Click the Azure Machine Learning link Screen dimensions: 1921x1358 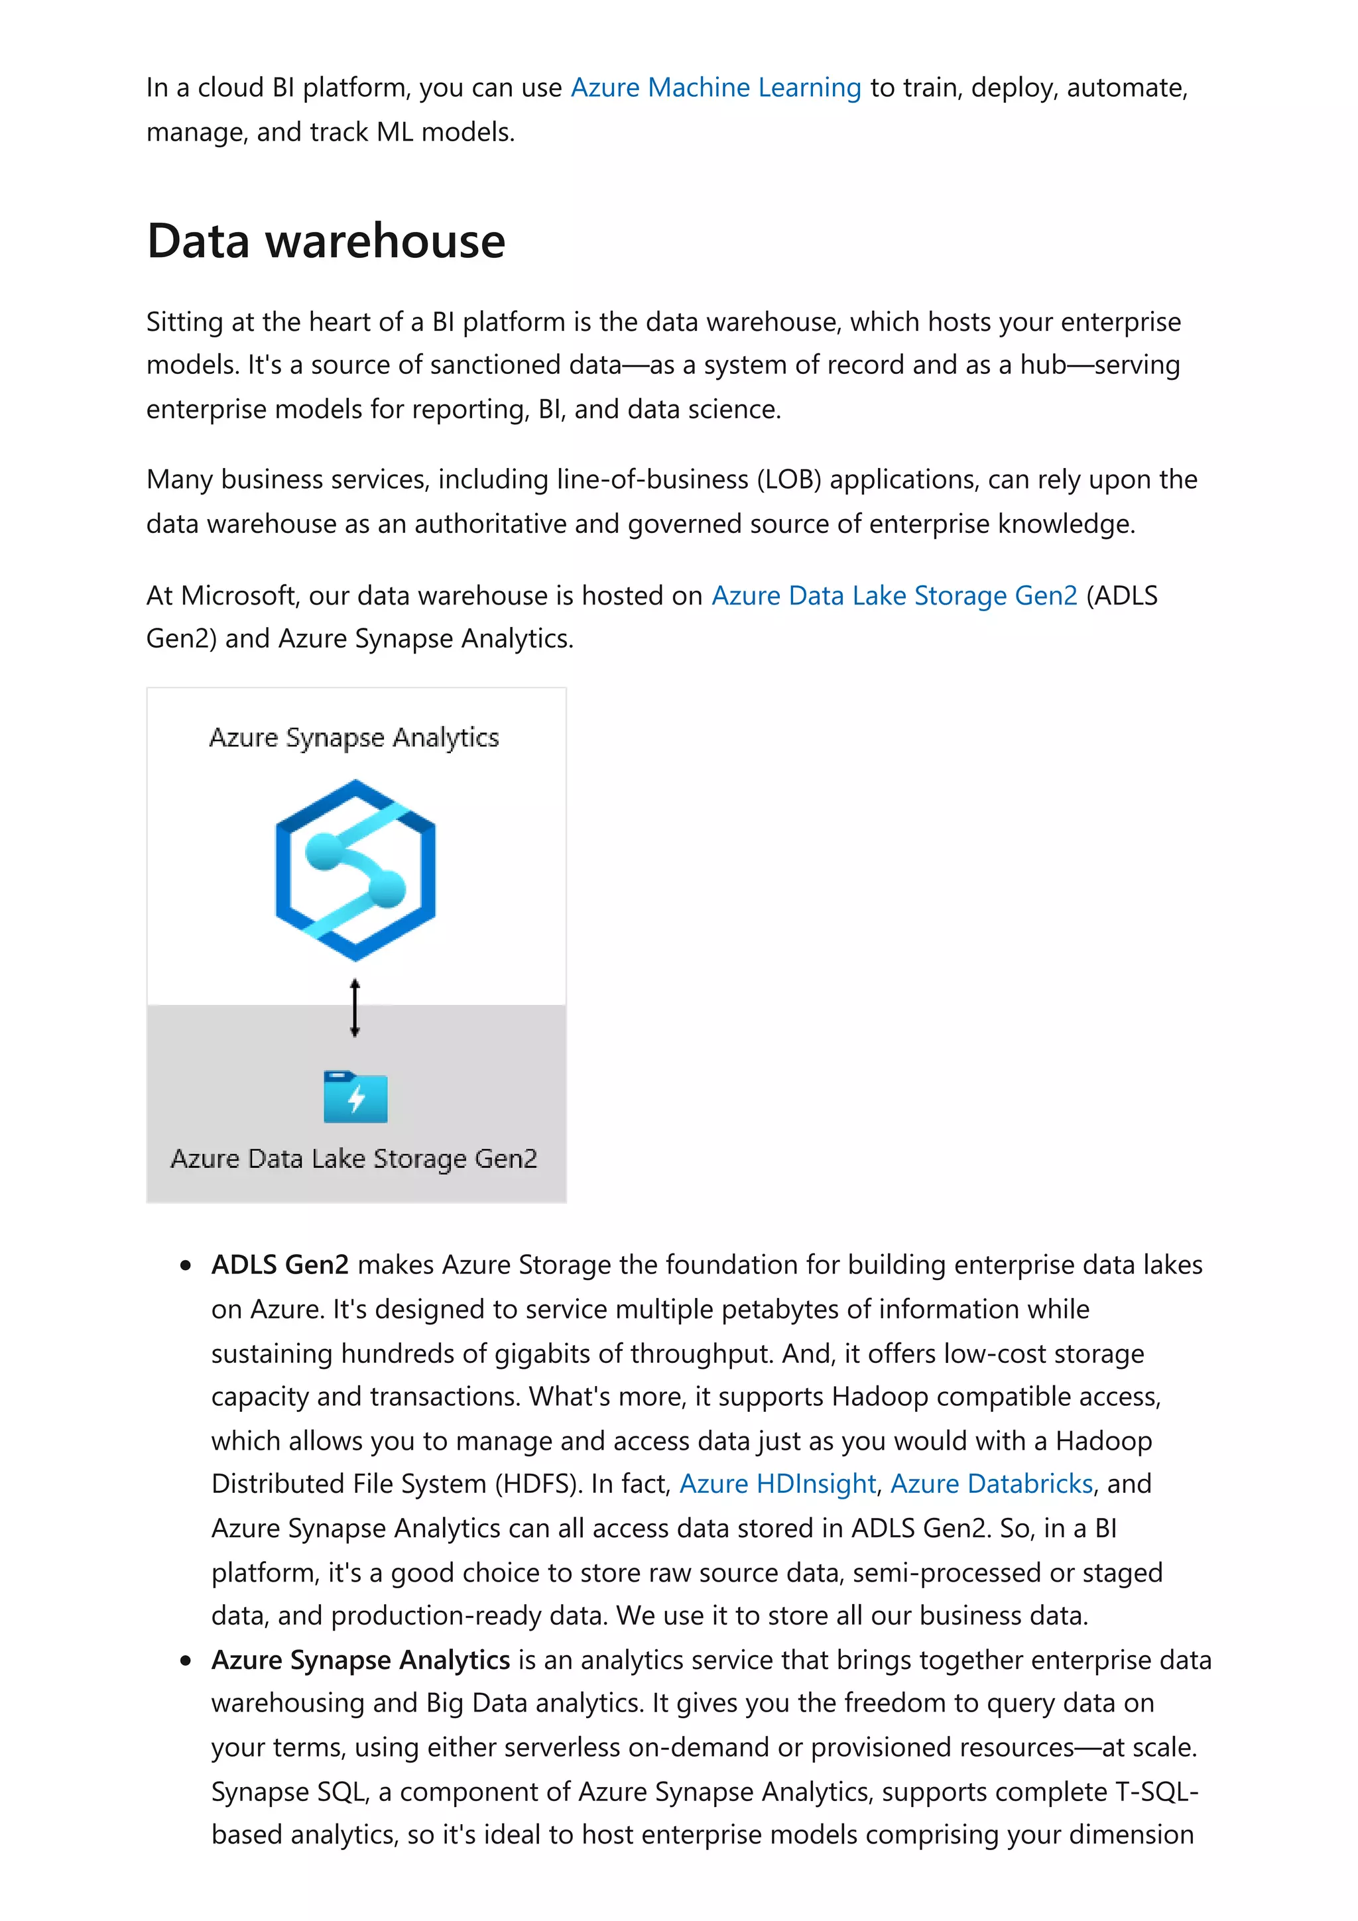(x=715, y=88)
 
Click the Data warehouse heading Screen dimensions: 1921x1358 (x=326, y=241)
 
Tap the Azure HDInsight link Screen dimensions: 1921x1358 (x=777, y=1484)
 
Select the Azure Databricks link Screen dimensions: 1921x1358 (x=991, y=1484)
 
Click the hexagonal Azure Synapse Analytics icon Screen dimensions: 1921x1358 (x=355, y=870)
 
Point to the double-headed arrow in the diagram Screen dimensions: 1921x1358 (x=355, y=1008)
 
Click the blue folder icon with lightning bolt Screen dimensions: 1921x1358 (x=355, y=1097)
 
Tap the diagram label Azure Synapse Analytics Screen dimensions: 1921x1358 (x=354, y=738)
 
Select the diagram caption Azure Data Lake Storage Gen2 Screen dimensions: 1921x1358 (x=354, y=1159)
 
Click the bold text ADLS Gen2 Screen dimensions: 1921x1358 (x=279, y=1264)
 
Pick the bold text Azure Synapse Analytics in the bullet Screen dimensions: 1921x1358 (x=361, y=1660)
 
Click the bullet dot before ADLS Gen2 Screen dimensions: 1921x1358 (x=186, y=1266)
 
